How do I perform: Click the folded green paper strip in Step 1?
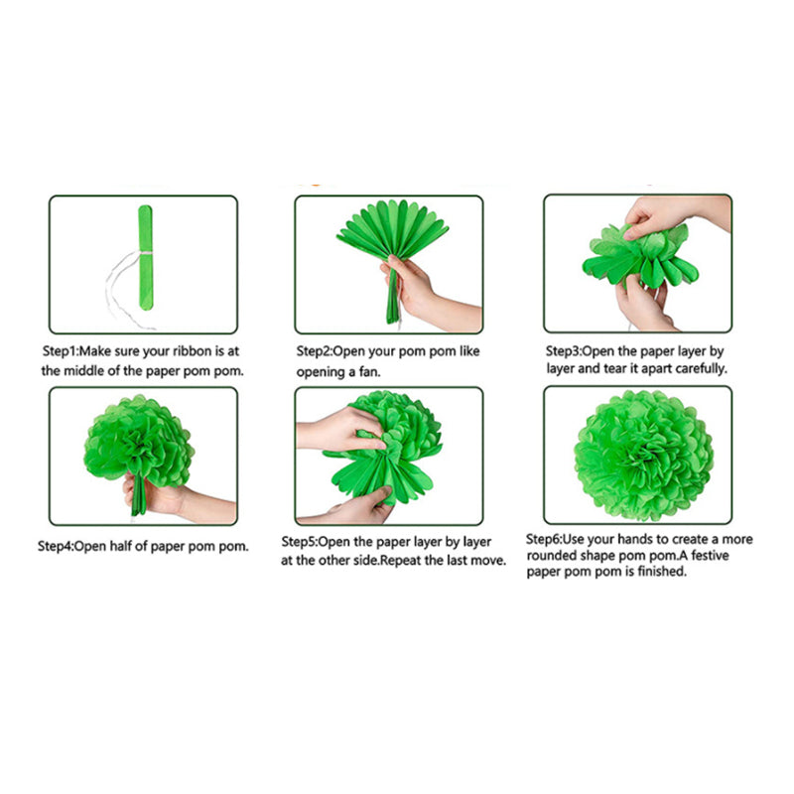coord(145,257)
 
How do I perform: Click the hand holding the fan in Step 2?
coord(426,295)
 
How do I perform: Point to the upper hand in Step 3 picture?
coord(674,214)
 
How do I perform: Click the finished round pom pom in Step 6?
coord(643,456)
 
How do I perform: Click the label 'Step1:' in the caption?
coord(61,351)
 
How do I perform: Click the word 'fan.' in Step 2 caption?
coord(369,372)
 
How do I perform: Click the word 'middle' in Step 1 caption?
coord(83,371)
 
